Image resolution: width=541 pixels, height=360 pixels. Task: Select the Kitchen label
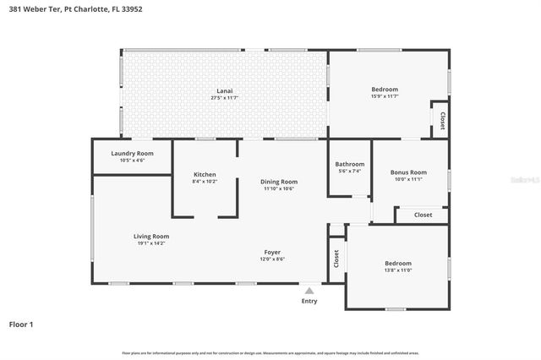coord(205,174)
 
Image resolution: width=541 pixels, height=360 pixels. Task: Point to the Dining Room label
coord(279,181)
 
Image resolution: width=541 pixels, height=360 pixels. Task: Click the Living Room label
coord(151,237)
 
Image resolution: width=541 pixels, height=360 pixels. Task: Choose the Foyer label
coord(271,252)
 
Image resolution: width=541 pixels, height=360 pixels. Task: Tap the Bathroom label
coord(349,164)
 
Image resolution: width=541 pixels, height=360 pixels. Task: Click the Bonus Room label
coord(408,172)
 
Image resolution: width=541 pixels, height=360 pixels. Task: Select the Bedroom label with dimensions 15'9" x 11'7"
coord(385,89)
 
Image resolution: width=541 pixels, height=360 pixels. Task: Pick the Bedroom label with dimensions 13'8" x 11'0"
coord(397,263)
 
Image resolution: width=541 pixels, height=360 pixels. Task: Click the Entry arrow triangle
coord(309,290)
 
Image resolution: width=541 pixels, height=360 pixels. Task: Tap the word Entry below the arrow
coord(309,301)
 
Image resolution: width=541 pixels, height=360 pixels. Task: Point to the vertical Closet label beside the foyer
coord(336,259)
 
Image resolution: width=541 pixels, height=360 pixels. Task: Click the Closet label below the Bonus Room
coord(424,215)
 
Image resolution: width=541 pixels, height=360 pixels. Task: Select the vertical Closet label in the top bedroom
coord(442,119)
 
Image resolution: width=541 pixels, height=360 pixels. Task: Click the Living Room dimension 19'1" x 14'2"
coord(151,244)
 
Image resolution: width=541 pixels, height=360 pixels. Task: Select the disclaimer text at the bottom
coord(270,352)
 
